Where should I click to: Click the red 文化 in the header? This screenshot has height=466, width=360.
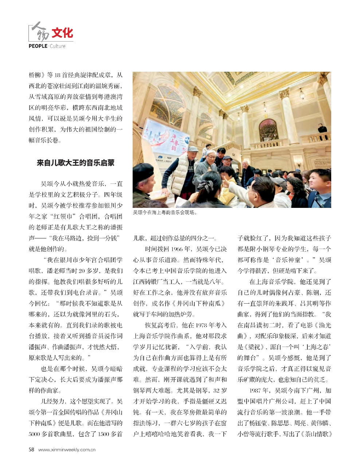pyautogui.click(x=62, y=33)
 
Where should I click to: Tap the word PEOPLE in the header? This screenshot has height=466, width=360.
pyautogui.click(x=38, y=46)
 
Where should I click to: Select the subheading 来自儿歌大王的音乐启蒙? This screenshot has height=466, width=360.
pyautogui.click(x=75, y=163)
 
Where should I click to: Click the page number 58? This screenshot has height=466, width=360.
pyautogui.click(x=31, y=450)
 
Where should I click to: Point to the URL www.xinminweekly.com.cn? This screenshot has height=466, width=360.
pyautogui.click(x=67, y=450)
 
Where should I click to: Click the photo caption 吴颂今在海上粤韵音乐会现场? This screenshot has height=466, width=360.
pyautogui.click(x=165, y=212)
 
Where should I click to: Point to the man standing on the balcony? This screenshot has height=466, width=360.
pyautogui.click(x=321, y=128)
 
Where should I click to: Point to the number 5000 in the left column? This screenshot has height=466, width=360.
pyautogui.click(x=36, y=434)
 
